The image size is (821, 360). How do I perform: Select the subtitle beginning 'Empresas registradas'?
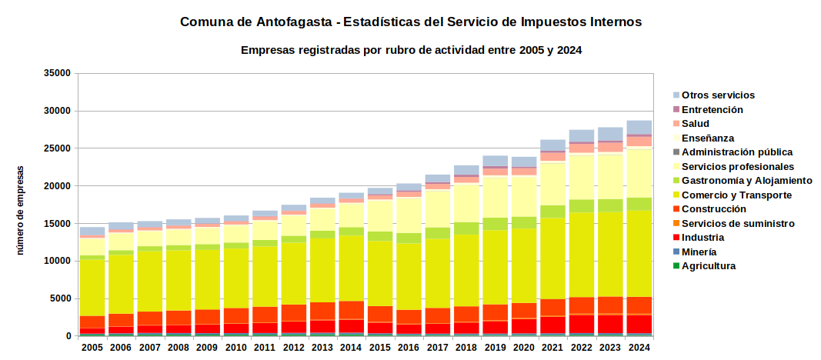(412, 50)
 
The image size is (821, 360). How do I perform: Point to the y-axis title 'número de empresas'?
(21, 210)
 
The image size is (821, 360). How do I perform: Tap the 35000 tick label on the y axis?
(58, 73)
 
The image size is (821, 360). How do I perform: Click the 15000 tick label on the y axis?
(58, 223)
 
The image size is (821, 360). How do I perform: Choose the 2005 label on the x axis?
(92, 347)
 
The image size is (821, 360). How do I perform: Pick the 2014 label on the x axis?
(351, 347)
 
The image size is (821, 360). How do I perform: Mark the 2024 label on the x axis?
(639, 347)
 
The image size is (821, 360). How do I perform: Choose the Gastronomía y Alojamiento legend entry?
(743, 181)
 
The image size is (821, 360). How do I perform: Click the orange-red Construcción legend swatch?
(676, 209)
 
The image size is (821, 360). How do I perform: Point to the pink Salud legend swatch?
(676, 124)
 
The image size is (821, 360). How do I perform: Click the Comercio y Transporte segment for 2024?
(639, 254)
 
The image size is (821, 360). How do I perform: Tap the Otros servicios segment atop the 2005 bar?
(92, 232)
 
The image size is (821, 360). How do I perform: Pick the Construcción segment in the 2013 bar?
(322, 311)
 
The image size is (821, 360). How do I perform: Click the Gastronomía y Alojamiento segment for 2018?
(466, 228)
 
